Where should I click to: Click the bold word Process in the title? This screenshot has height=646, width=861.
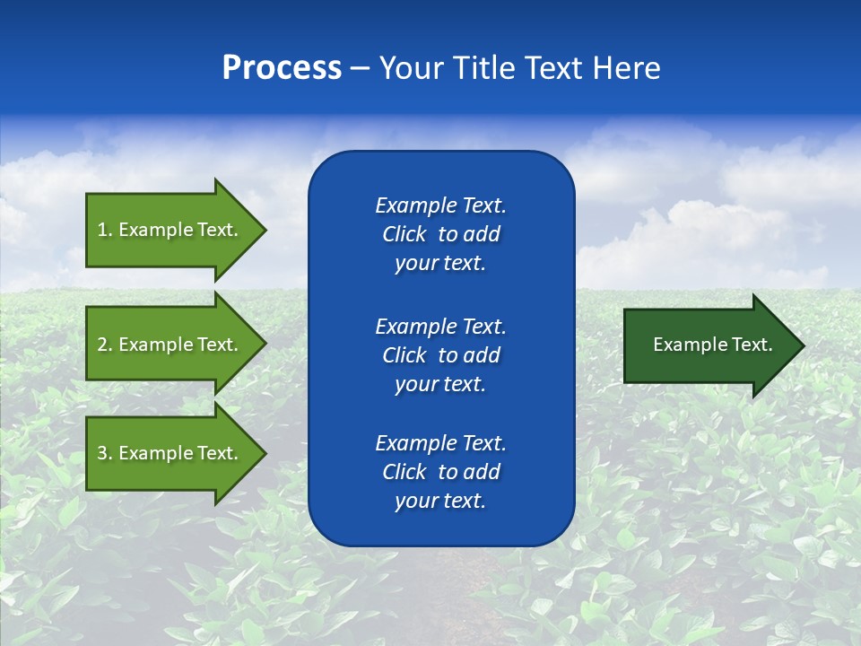pyautogui.click(x=282, y=68)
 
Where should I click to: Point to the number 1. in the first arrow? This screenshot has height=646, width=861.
pyautogui.click(x=105, y=230)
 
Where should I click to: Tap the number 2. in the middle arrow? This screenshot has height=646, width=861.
pyautogui.click(x=105, y=345)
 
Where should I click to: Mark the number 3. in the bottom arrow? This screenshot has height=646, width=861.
pyautogui.click(x=105, y=453)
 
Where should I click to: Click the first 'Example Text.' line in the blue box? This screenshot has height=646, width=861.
pyautogui.click(x=440, y=205)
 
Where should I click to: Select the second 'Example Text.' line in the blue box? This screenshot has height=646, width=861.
pyautogui.click(x=440, y=326)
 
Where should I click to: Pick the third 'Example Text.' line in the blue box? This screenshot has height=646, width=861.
pyautogui.click(x=440, y=443)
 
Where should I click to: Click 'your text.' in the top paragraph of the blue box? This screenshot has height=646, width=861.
pyautogui.click(x=440, y=263)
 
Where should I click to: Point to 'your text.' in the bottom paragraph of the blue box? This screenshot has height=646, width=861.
pyautogui.click(x=440, y=501)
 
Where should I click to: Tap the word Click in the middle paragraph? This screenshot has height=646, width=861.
pyautogui.click(x=404, y=355)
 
